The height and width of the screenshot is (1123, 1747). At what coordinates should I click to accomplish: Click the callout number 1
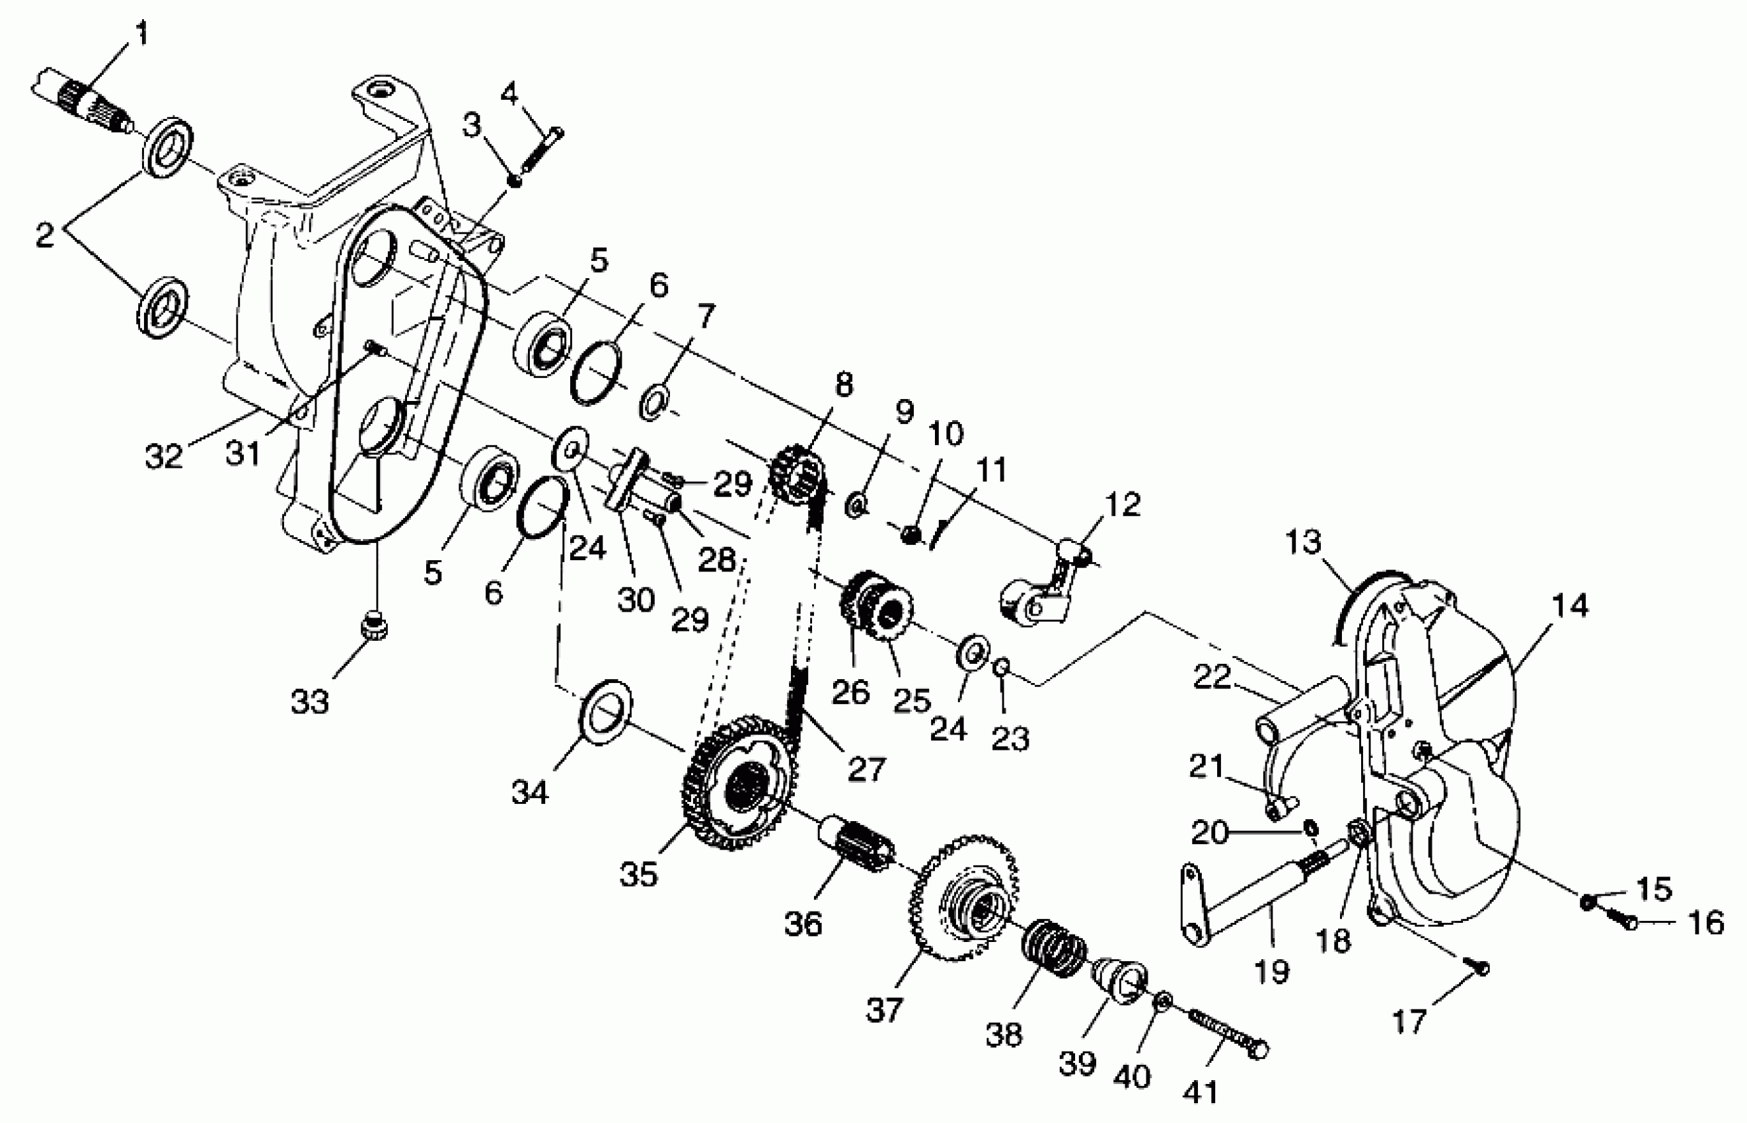[x=141, y=34]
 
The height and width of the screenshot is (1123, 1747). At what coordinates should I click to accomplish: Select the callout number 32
[x=163, y=457]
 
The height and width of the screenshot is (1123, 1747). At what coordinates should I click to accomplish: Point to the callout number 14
[x=1570, y=606]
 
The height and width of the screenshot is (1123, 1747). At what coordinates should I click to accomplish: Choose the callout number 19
[x=1272, y=971]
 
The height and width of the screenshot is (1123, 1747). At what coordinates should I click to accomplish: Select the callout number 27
[x=866, y=770]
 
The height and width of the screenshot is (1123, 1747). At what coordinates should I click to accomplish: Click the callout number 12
[x=1123, y=505]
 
